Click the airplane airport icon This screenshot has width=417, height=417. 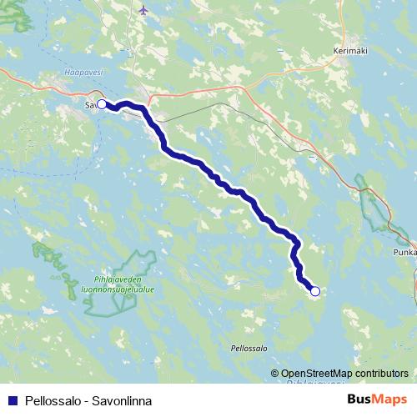click(145, 11)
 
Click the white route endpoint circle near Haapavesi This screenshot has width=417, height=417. click(102, 104)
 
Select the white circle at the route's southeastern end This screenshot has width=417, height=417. click(314, 291)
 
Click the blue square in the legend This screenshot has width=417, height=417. click(12, 400)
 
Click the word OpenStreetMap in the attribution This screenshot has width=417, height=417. click(314, 374)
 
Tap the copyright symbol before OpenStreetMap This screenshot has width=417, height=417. click(275, 374)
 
